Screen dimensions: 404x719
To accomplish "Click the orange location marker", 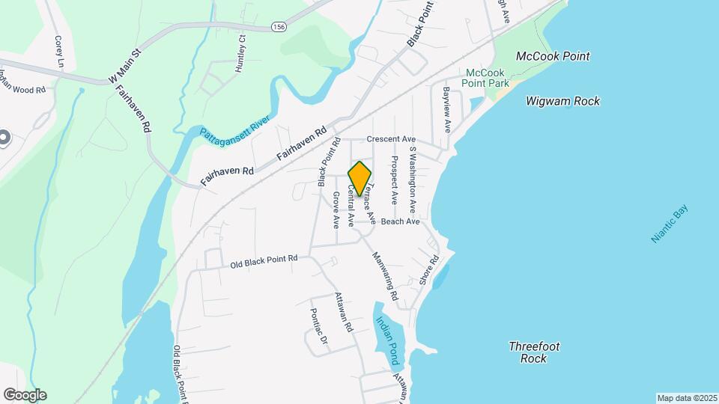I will tap(359, 178).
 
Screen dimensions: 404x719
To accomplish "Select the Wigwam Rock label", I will tap(562, 101).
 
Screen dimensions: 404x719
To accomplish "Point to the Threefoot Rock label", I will tap(534, 352).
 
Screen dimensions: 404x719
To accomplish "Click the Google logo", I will tap(25, 395).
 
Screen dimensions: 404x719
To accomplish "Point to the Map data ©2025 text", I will tap(687, 398).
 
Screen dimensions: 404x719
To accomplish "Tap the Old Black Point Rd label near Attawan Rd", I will tap(264, 261).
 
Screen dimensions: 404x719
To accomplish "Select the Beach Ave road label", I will tap(400, 221).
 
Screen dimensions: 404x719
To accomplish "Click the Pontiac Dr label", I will tap(319, 328).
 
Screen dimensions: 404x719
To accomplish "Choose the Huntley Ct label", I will tap(240, 53).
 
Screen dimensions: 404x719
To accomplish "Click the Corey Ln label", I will tap(58, 50).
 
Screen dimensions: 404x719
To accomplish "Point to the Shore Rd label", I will tap(428, 269).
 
